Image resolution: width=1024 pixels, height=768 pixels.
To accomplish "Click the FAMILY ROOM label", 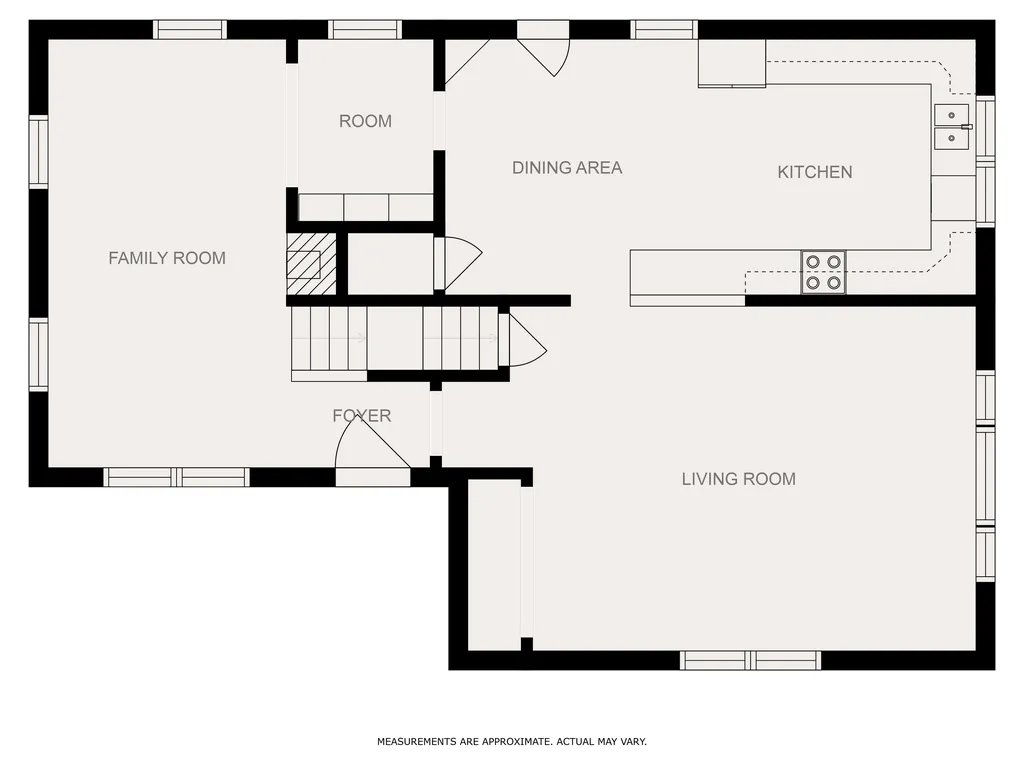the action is coord(167,258).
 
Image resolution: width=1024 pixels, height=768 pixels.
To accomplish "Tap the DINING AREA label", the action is coord(567,168).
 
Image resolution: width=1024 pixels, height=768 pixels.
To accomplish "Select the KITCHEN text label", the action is coord(814,172).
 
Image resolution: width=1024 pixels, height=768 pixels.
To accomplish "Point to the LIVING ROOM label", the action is coord(739,479).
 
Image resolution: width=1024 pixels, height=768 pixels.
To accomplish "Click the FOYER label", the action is coord(362,415).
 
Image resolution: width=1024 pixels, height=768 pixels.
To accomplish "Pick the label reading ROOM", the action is coord(365,121).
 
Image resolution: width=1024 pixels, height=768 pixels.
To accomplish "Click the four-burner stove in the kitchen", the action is coord(824,272).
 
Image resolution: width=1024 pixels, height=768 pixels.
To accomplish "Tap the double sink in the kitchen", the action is coord(952,127).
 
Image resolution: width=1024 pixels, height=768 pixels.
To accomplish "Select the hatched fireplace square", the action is coord(312,264).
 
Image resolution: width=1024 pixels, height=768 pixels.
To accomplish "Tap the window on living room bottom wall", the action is coord(750,660).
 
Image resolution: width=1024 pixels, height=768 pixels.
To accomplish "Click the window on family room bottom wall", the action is coord(176,477).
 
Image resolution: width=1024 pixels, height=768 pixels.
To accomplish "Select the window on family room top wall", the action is coord(190,30).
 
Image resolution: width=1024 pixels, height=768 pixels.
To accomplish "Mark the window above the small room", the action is coord(365,30).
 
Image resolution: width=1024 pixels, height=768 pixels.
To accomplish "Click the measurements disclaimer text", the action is coord(512,741).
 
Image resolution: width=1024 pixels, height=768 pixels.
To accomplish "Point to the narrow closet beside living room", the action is coord(494,566).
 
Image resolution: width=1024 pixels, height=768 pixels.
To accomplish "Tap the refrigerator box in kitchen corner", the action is coord(732,63).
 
